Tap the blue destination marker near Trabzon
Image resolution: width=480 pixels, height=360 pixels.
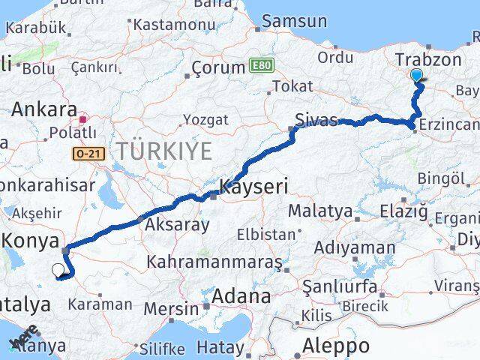417,75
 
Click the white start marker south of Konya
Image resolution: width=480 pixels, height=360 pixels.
58,270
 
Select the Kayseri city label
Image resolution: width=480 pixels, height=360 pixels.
253,186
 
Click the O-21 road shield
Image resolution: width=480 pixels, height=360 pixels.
86,152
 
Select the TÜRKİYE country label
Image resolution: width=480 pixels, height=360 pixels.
163,151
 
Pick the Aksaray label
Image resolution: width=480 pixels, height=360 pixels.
176,223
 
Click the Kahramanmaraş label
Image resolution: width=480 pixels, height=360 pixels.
214,262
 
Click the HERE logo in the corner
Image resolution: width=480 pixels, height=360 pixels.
21,340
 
